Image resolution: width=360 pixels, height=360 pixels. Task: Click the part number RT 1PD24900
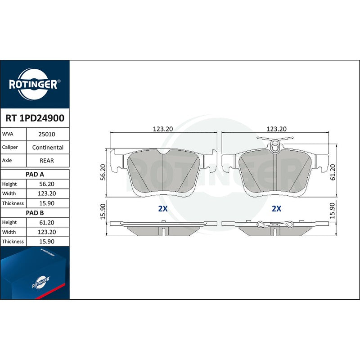35,118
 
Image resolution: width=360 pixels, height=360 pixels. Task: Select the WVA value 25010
47,134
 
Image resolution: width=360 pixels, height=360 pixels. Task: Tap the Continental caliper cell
48,148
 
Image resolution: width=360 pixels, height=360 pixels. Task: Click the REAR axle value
47,161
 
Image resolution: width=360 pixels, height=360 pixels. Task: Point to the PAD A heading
35,175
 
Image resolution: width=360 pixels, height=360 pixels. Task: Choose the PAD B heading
35,213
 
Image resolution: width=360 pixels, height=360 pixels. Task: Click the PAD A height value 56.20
47,184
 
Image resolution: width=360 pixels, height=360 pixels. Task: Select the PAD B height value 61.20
47,222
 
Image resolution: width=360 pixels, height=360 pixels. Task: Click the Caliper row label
10,147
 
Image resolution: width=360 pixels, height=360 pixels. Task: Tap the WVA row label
8,134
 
